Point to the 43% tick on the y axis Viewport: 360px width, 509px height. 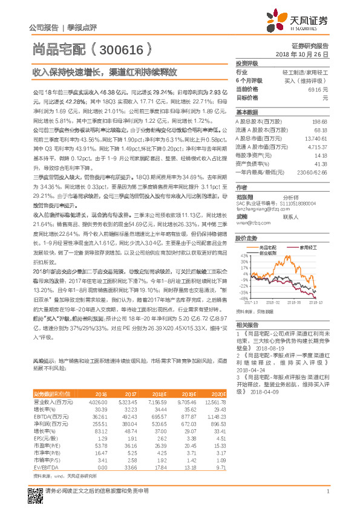[243, 256]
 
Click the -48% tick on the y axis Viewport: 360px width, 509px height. [243, 298]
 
